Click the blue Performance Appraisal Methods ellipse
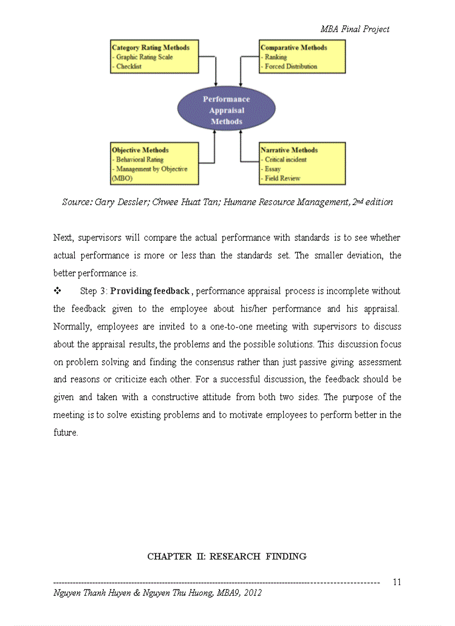coord(226,110)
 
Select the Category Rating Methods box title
coord(151,48)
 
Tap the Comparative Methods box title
coord(294,48)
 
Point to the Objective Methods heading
coord(140,150)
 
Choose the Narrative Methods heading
coord(289,150)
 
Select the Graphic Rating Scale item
coord(144,57)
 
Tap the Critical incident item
coord(285,159)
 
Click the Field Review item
coord(282,178)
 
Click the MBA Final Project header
coord(355,29)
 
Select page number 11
coord(397,582)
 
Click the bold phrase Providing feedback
coord(151,291)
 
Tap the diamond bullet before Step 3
coord(57,291)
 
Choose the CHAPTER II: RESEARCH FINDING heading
coord(226,556)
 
